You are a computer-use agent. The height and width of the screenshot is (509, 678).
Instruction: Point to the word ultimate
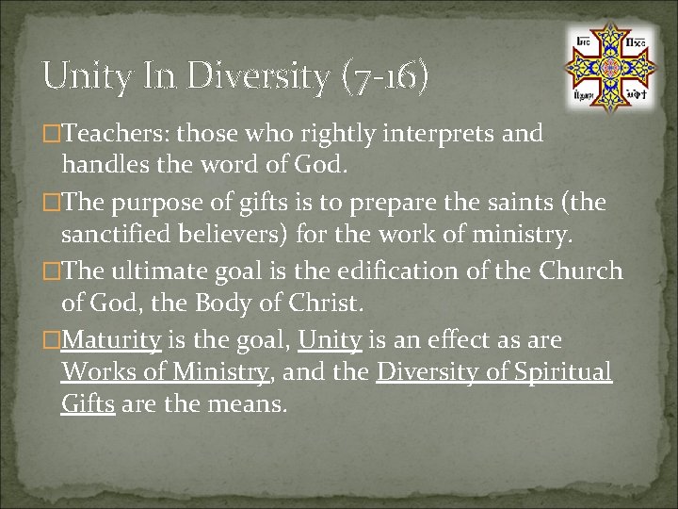tap(157, 271)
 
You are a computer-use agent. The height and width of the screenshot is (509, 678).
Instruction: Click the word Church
tap(581, 271)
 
